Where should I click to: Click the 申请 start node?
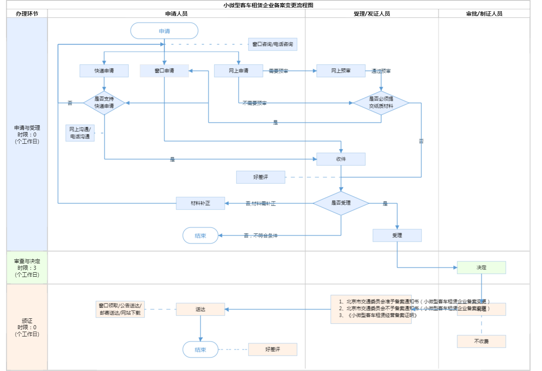pyautogui.click(x=164, y=31)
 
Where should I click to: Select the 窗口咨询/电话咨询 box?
pyautogui.click(x=273, y=44)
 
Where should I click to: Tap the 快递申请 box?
pyautogui.click(x=104, y=71)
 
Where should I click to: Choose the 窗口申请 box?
pyautogui.click(x=164, y=71)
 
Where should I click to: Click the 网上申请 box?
pyautogui.click(x=238, y=71)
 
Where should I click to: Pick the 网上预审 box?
pyautogui.click(x=341, y=71)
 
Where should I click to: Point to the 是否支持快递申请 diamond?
pyautogui.click(x=104, y=103)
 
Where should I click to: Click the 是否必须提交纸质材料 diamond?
pyautogui.click(x=381, y=103)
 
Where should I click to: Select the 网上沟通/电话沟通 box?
pyautogui.click(x=80, y=133)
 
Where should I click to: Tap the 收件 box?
pyautogui.click(x=341, y=159)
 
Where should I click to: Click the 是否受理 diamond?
pyautogui.click(x=341, y=203)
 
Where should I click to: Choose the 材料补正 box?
pyautogui.click(x=200, y=203)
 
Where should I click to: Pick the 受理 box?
pyautogui.click(x=397, y=235)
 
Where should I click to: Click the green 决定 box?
pyautogui.click(x=481, y=267)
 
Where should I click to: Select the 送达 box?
pyautogui.click(x=200, y=309)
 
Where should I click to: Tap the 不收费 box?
pyautogui.click(x=481, y=341)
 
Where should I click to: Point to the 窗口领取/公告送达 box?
pyautogui.click(x=120, y=309)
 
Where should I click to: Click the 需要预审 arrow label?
pyautogui.click(x=278, y=71)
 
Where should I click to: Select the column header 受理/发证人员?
pyautogui.click(x=371, y=14)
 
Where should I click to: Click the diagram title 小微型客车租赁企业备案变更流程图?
pyautogui.click(x=268, y=5)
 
